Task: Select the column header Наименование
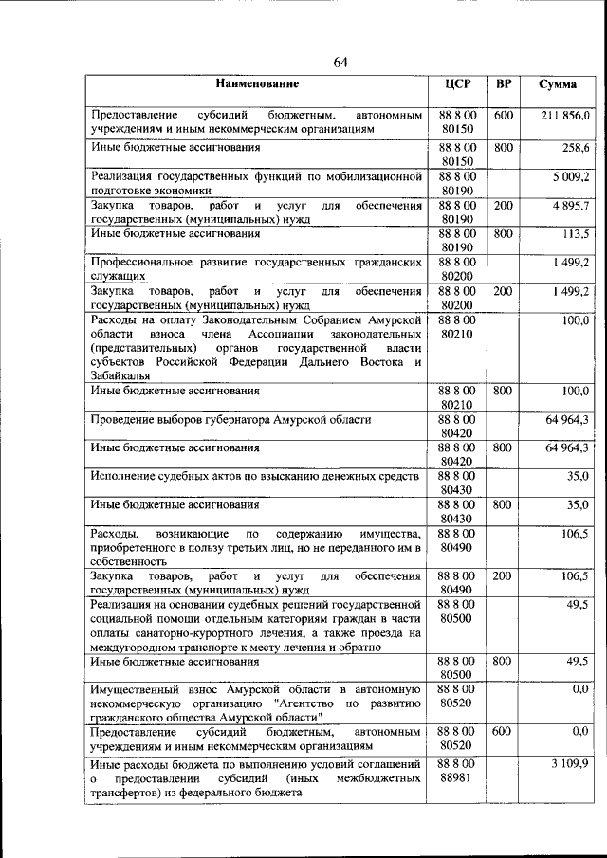tap(256, 84)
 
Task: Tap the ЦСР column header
tap(458, 84)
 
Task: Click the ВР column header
tap(504, 84)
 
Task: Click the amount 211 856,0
tap(566, 115)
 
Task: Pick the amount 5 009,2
tap(571, 176)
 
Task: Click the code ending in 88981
tap(457, 778)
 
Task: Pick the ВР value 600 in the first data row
tap(504, 115)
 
